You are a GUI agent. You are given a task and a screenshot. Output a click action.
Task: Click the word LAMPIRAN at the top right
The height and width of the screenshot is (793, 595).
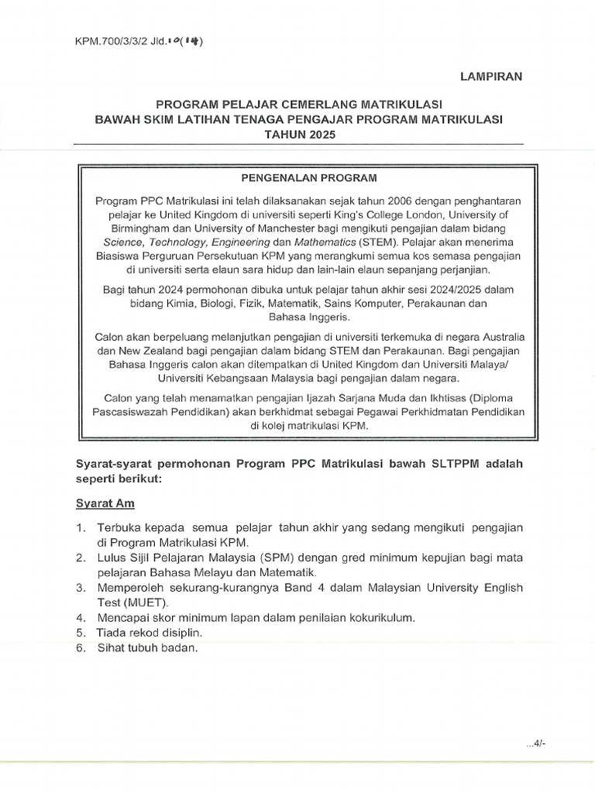492,76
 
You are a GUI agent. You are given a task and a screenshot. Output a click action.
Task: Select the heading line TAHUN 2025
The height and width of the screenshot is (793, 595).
297,134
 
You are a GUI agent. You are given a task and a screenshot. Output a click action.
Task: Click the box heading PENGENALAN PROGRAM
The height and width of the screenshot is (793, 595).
297,177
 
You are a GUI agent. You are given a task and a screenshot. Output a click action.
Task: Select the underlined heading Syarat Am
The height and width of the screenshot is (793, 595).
105,503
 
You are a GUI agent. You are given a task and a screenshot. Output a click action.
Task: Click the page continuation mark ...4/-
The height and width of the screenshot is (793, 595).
535,745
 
